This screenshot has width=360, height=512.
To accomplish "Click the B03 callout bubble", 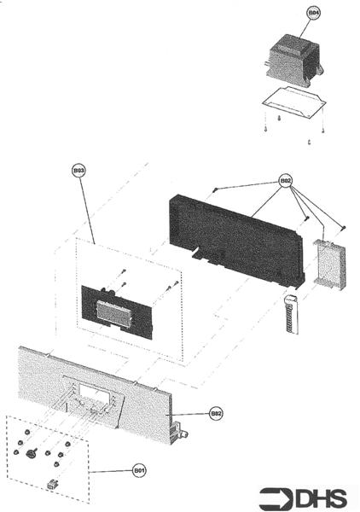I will [x=79, y=171].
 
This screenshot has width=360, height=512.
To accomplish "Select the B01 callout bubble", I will [x=139, y=468].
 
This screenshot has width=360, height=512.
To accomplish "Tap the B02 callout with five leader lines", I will [x=287, y=182].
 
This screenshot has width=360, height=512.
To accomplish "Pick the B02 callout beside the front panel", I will [x=216, y=413].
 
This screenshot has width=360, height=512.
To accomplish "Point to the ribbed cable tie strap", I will [x=288, y=318].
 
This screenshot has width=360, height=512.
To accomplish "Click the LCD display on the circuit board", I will [x=115, y=312].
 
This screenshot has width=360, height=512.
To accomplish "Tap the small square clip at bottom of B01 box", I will [x=54, y=483].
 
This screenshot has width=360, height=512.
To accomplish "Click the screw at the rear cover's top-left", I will [x=217, y=189].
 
